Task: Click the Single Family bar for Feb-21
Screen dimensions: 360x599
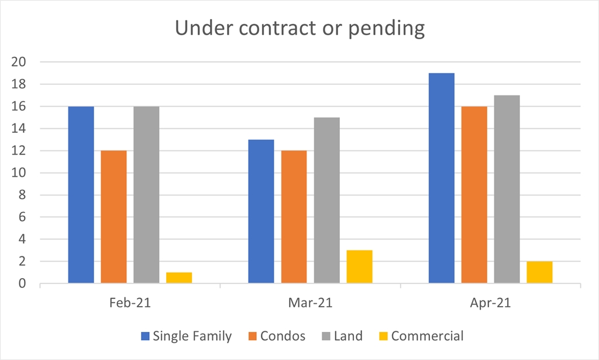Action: [x=81, y=195]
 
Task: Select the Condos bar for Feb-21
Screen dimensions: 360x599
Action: [x=113, y=217]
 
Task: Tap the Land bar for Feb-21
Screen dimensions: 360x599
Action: [x=146, y=195]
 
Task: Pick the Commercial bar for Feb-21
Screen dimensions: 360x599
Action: [x=179, y=278]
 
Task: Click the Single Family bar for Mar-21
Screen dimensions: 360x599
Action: [x=261, y=212]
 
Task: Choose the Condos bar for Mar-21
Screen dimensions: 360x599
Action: [x=294, y=217]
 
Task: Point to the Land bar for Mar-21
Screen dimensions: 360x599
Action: [x=326, y=201]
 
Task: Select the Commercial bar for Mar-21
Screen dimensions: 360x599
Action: [x=359, y=268]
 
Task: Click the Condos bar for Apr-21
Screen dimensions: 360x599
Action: [x=474, y=195]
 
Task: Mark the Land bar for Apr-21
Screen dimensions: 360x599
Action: [x=507, y=190]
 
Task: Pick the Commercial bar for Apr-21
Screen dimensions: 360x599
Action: [x=539, y=273]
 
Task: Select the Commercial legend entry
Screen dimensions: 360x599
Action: [x=427, y=336]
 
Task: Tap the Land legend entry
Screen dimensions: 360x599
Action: [x=348, y=336]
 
